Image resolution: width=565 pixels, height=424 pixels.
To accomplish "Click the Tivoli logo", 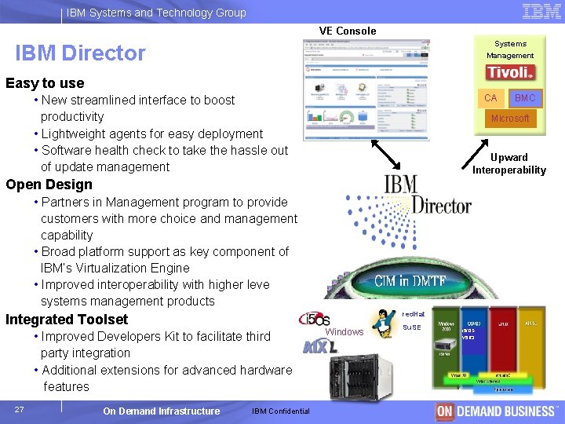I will [x=510, y=72].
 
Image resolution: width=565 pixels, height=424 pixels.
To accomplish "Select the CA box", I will [x=491, y=98].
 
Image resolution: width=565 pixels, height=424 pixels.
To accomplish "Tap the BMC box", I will [x=524, y=98].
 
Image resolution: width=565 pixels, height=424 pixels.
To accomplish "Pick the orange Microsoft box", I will [x=510, y=119].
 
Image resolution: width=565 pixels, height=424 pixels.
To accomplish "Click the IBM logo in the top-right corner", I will [x=541, y=12].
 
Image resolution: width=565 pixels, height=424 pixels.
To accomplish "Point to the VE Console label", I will [x=347, y=31].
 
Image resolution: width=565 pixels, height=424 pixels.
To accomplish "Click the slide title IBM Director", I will [x=80, y=53].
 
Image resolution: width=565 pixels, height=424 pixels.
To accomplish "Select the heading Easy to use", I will [x=45, y=83].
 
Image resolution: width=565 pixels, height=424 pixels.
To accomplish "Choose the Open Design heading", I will [x=49, y=185].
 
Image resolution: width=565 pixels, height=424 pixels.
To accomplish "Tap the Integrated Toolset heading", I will [x=67, y=320].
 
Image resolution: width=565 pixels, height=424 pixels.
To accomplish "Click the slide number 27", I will [x=19, y=409].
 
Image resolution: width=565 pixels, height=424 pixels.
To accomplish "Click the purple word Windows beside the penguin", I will [x=344, y=332].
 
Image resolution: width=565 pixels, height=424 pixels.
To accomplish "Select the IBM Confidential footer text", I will [x=281, y=411].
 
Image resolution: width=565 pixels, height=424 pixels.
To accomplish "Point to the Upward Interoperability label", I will [x=508, y=163].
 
